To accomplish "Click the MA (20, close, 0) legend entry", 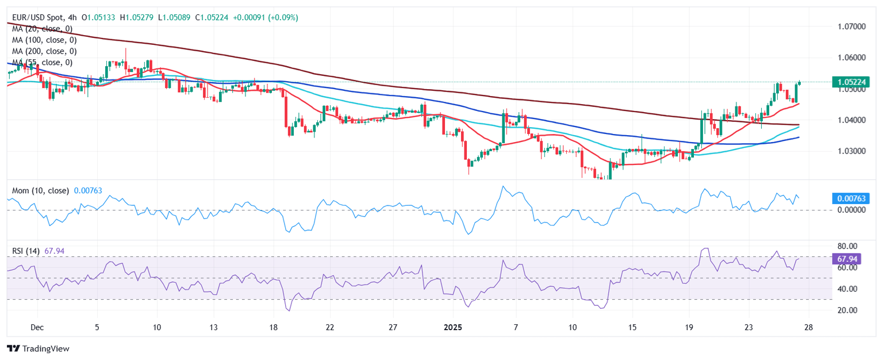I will click(42, 29).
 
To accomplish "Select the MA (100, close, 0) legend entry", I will click(44, 40).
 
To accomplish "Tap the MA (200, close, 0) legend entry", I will click(44, 51).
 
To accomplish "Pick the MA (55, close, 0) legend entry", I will click(42, 62).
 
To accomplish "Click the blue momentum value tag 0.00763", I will click(850, 199).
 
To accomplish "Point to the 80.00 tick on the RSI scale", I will click(845, 246).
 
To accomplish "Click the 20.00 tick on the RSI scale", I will click(845, 310).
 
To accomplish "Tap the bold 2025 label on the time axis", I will click(452, 328).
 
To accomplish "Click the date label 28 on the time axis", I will click(809, 328).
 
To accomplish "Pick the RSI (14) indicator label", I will click(26, 251).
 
